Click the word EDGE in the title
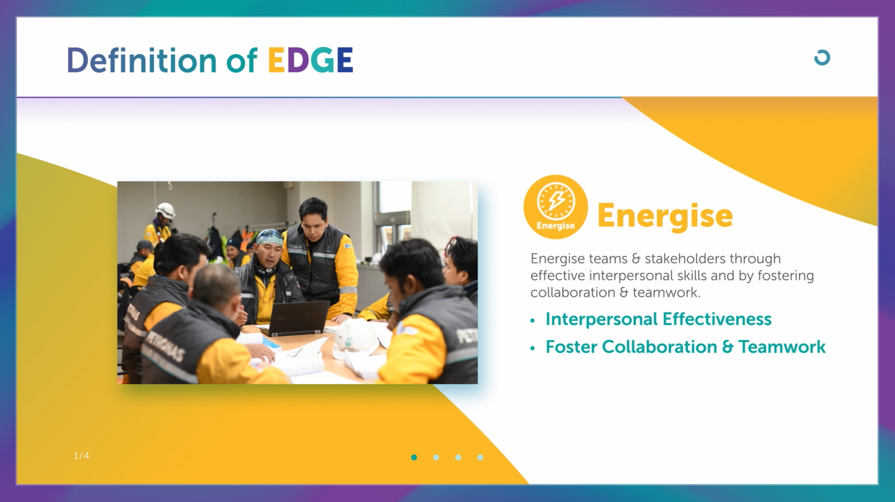pos(310,60)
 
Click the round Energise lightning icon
pos(556,207)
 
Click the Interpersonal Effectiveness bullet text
pos(659,319)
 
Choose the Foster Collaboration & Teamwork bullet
pos(686,347)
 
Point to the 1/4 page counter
pos(81,455)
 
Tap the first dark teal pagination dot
pos(414,457)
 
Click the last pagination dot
pos(480,457)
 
